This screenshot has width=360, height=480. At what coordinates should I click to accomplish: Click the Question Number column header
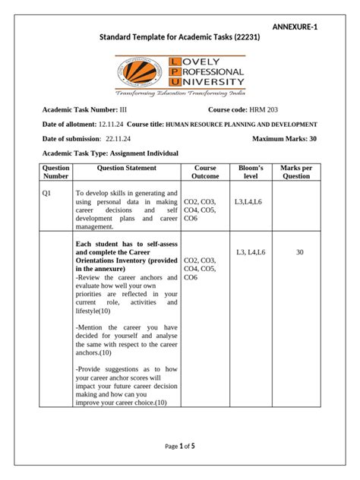56,172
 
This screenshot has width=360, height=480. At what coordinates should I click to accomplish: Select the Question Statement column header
127,168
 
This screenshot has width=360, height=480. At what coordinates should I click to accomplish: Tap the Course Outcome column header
205,172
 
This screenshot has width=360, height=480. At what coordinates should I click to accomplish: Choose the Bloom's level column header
250,172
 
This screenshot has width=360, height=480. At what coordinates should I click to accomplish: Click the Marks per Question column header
296,172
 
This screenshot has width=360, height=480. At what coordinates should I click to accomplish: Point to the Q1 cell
46,193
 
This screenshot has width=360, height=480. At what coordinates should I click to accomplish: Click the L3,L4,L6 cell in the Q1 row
249,201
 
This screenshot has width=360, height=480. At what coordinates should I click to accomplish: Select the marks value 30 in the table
299,251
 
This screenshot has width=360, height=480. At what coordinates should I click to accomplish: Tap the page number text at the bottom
180,446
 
